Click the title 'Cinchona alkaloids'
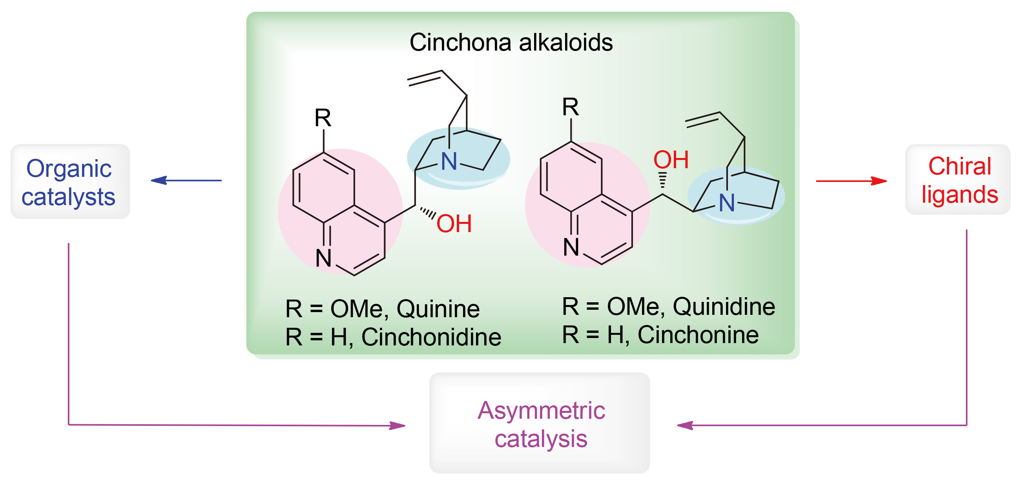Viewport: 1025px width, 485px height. [511, 42]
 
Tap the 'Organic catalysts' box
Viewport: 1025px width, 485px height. [70, 182]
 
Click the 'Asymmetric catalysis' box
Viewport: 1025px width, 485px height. [540, 423]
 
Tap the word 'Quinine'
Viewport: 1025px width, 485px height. [438, 309]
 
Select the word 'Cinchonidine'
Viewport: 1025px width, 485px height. [431, 337]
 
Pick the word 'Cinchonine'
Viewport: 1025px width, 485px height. [698, 335]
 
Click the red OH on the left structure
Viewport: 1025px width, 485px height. [454, 224]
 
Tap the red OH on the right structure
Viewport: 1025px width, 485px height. [671, 160]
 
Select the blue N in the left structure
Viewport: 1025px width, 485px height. [449, 162]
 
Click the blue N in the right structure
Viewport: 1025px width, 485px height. [727, 203]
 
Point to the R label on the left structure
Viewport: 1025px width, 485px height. [323, 118]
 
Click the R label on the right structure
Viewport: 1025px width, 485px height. [570, 107]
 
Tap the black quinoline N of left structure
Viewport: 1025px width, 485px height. [323, 258]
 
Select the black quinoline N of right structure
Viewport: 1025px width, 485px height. [571, 247]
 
